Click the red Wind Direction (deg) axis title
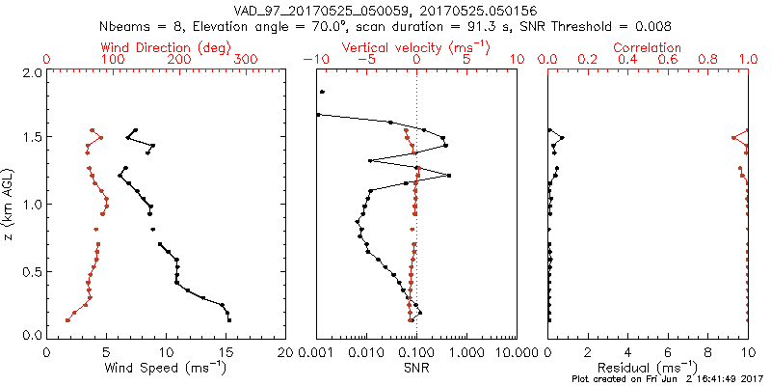click(x=166, y=47)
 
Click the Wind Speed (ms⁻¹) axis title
click(x=167, y=368)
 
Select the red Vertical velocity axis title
click(x=416, y=47)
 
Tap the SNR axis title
click(x=416, y=368)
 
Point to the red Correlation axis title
click(x=648, y=47)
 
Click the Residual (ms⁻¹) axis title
click(x=648, y=368)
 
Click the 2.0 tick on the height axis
click(x=31, y=72)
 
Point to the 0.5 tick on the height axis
click(x=31, y=269)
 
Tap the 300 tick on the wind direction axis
click(x=247, y=60)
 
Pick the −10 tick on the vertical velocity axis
click(x=315, y=60)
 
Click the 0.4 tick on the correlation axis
click(x=627, y=60)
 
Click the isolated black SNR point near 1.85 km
click(x=322, y=92)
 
